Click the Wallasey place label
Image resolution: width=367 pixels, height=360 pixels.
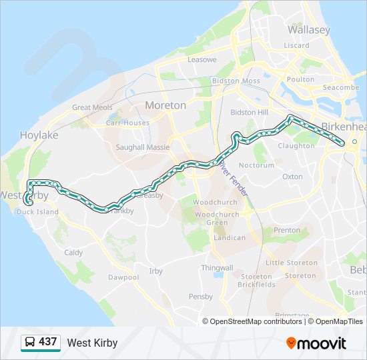click(x=308, y=30)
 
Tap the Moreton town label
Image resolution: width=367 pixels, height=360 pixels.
click(x=165, y=105)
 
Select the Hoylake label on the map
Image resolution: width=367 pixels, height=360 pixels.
click(x=39, y=135)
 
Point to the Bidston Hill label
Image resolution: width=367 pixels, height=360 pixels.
click(x=249, y=113)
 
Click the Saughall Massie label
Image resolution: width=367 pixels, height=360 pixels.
click(x=143, y=147)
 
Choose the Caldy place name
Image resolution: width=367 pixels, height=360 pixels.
click(x=73, y=253)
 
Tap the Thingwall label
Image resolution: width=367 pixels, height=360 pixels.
click(x=217, y=267)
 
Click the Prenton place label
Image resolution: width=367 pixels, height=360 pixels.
click(x=287, y=231)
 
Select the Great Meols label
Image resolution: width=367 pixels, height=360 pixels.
click(x=92, y=107)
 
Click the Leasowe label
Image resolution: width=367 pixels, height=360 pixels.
click(x=202, y=59)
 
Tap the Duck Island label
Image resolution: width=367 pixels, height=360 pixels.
click(x=37, y=212)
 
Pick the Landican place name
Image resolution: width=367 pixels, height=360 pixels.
click(x=229, y=237)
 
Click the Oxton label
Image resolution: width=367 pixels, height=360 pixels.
click(x=292, y=177)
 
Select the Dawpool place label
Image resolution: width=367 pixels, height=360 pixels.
click(x=123, y=277)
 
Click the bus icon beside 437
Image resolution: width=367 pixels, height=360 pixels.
click(x=30, y=343)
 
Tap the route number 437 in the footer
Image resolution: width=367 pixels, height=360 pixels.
click(x=48, y=342)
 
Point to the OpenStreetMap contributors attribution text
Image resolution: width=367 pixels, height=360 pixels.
click(x=256, y=321)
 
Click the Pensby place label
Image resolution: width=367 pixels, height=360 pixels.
click(x=200, y=296)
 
